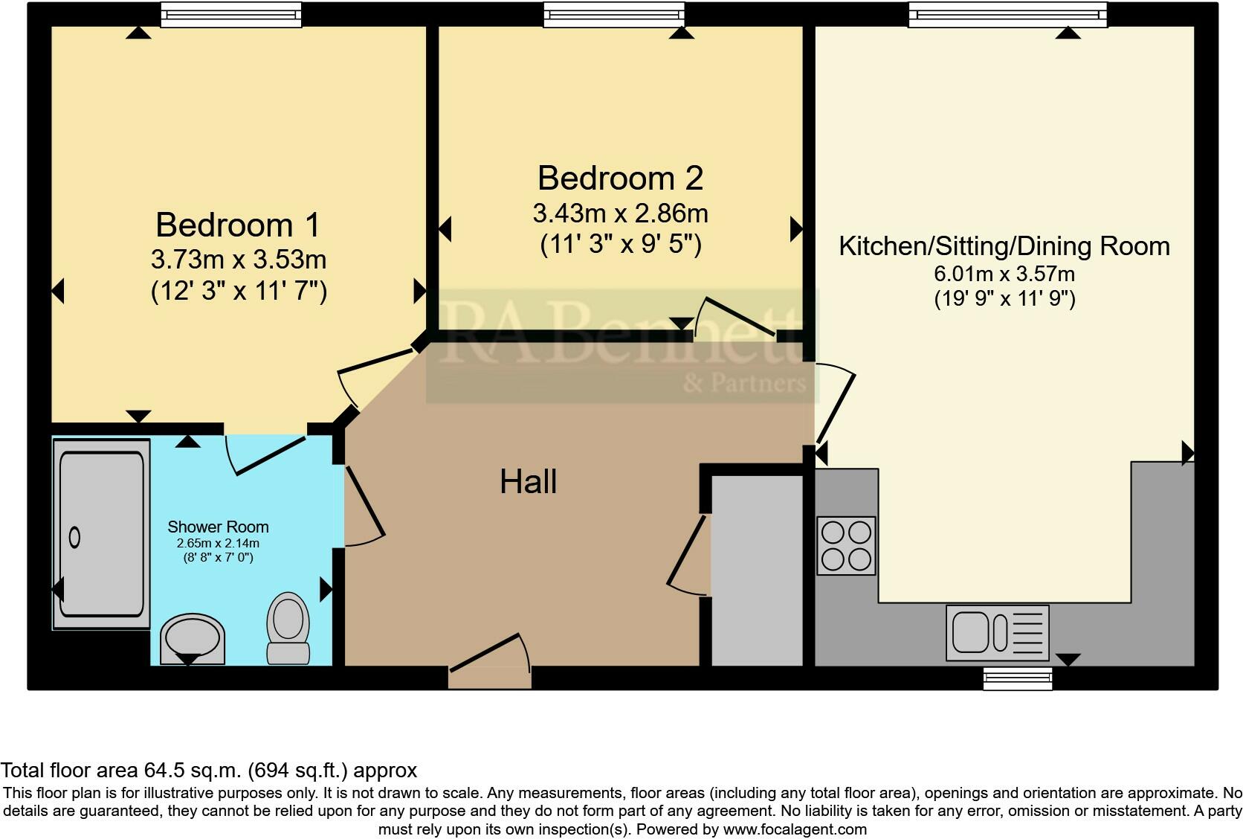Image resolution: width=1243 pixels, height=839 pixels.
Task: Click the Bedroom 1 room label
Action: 238,225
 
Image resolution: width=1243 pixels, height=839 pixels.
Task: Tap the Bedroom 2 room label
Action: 620,179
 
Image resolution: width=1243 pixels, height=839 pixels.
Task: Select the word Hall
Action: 528,482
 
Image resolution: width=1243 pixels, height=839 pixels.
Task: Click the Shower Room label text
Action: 218,527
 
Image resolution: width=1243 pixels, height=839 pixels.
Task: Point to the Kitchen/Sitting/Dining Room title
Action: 1004,246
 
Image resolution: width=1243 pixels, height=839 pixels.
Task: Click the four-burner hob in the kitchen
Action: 846,546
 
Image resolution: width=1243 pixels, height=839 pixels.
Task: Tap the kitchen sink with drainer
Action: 997,632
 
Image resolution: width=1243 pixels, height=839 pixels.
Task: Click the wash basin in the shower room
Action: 193,638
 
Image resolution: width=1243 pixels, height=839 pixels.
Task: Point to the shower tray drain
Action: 74,537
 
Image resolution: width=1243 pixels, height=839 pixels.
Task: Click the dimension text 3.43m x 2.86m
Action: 620,214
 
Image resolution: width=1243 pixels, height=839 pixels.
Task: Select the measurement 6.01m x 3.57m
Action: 1004,274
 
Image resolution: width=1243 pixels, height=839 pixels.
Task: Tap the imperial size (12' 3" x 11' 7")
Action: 239,291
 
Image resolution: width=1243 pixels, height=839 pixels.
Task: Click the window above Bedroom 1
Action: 231,14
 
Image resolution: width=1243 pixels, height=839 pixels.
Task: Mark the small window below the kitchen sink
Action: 1017,678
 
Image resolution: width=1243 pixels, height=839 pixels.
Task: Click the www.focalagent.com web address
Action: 794,829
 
